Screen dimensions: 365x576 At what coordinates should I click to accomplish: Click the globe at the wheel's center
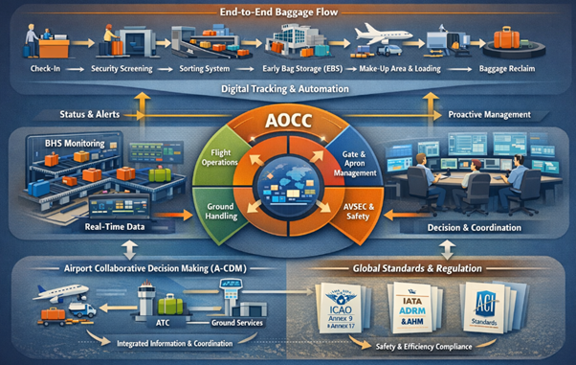point(288,181)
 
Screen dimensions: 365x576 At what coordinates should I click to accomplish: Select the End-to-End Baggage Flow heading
point(288,12)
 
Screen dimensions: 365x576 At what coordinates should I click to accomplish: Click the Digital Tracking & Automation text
point(288,89)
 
